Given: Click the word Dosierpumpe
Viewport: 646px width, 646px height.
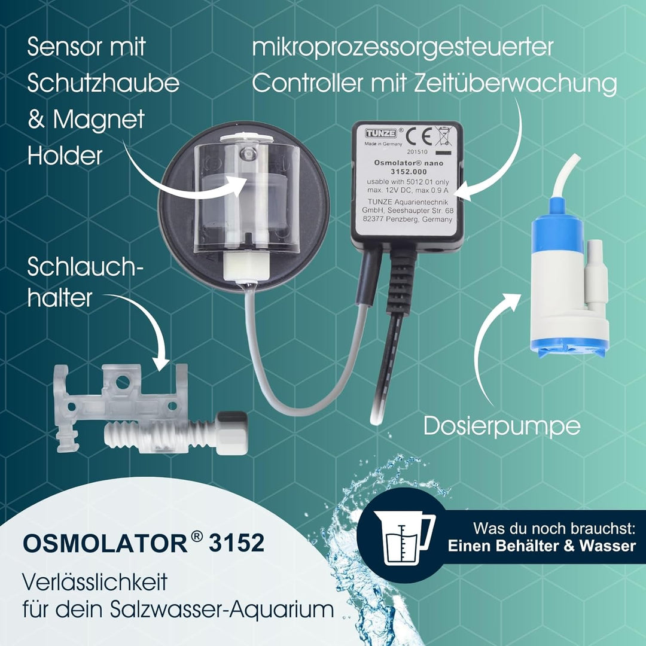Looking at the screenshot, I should pos(502,426).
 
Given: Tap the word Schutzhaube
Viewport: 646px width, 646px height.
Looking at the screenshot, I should pos(103,84).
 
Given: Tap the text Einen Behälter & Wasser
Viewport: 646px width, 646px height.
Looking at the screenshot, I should pos(542,546).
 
